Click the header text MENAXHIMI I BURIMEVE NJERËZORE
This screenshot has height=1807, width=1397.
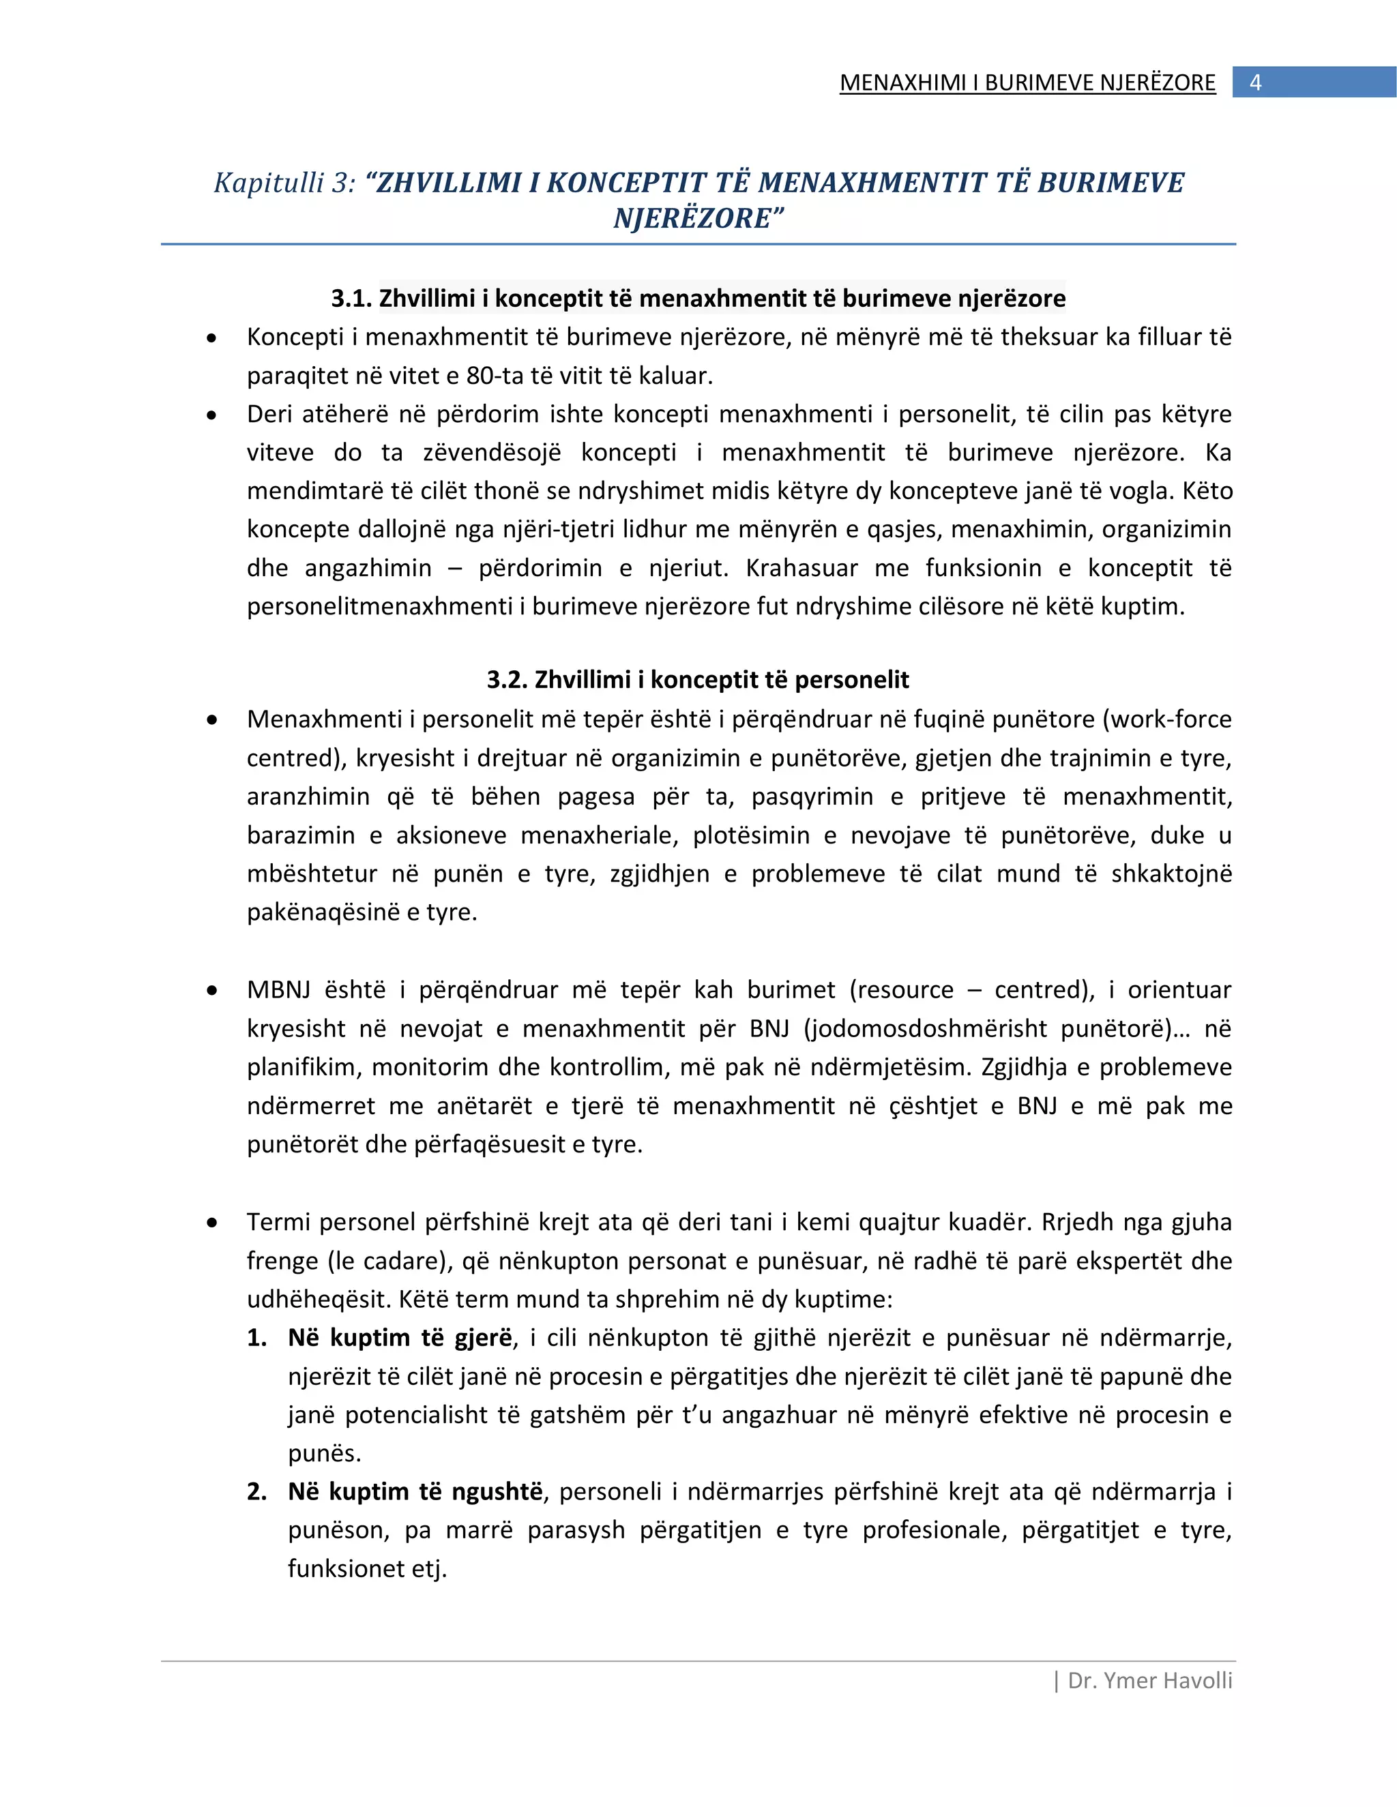point(1027,83)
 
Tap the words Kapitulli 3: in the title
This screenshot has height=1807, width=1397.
point(284,183)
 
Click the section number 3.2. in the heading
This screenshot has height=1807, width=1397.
point(507,680)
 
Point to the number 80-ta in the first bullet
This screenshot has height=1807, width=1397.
point(495,376)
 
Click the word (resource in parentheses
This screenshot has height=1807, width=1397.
point(901,990)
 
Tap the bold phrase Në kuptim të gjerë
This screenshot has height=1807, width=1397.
point(400,1338)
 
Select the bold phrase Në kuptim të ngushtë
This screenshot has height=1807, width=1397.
point(415,1492)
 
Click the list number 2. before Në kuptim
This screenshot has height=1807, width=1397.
point(256,1492)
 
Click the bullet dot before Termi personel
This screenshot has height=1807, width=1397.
point(213,1223)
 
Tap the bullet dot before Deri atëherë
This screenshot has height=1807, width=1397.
point(213,415)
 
